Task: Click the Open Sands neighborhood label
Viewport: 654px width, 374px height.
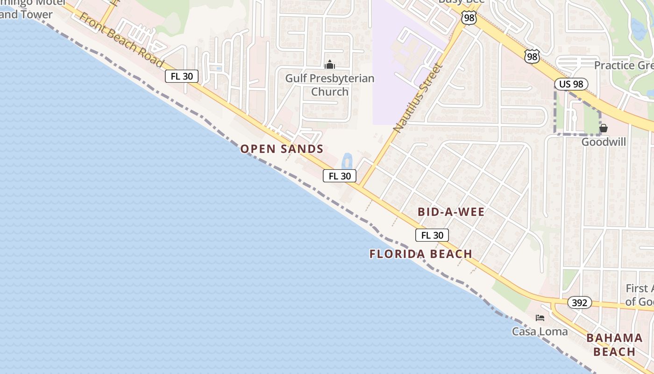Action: click(x=282, y=149)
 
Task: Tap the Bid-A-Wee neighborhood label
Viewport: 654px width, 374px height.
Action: click(x=451, y=212)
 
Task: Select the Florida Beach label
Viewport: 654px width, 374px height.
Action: click(x=420, y=254)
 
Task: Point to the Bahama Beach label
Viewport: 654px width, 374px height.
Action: click(x=614, y=345)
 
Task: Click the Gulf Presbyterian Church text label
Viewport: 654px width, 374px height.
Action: click(x=330, y=85)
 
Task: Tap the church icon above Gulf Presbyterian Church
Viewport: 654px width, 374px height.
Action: click(x=330, y=65)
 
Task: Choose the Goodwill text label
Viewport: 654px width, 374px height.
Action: click(x=604, y=142)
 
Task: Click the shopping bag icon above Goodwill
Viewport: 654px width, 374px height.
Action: click(x=604, y=128)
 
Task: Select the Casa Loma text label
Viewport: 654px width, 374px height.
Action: click(x=540, y=331)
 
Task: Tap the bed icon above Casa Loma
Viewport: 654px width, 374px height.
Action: click(x=540, y=318)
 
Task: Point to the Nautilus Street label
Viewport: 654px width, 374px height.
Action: click(x=417, y=98)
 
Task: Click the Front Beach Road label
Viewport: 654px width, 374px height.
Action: click(x=121, y=40)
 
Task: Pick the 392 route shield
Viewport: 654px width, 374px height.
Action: click(x=580, y=302)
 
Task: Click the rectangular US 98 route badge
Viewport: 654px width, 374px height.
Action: click(x=571, y=84)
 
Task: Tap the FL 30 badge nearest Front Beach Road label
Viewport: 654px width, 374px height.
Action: click(x=182, y=76)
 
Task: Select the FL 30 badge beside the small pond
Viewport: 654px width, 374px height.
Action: click(x=340, y=176)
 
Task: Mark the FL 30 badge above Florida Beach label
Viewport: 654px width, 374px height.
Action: click(x=432, y=235)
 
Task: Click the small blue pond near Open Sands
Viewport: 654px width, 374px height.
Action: click(x=347, y=162)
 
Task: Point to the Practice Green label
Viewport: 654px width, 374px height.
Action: click(x=624, y=65)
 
